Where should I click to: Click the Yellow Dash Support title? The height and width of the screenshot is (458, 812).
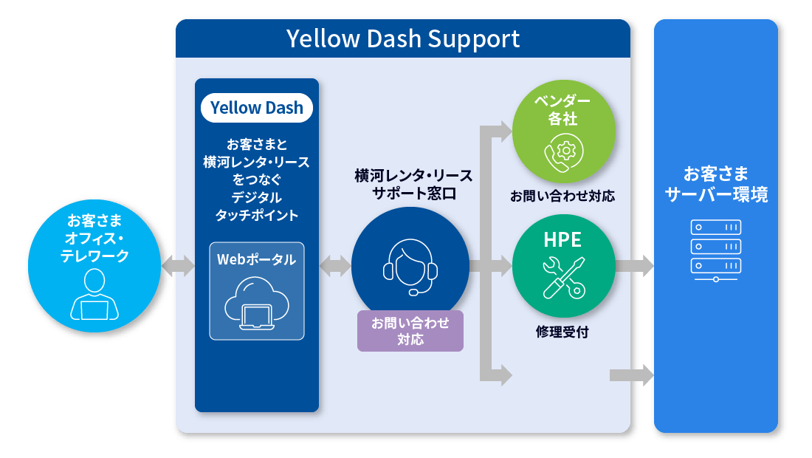403,39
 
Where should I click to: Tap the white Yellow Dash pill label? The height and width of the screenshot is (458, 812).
257,108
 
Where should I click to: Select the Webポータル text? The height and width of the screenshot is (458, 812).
256,259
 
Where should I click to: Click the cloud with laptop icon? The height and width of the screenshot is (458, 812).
257,303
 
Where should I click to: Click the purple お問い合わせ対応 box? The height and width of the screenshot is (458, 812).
410,331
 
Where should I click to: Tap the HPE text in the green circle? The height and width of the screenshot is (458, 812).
562,240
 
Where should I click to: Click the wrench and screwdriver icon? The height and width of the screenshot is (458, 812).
564,278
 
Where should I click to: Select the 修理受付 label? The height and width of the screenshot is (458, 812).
562,332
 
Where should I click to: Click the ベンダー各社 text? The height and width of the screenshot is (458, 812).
563,109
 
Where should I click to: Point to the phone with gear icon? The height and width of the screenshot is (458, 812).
563,153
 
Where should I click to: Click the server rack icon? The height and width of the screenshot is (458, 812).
716,250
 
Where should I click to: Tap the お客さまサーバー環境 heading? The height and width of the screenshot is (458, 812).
716,184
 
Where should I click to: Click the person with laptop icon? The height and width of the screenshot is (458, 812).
94,295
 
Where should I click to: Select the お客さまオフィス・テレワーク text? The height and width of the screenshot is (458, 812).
94,239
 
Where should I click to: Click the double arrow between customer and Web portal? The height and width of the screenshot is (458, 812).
178,266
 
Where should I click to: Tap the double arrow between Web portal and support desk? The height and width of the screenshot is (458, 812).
335,266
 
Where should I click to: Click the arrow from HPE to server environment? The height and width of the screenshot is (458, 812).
635,266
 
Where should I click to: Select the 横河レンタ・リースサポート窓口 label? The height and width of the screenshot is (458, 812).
414,185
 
